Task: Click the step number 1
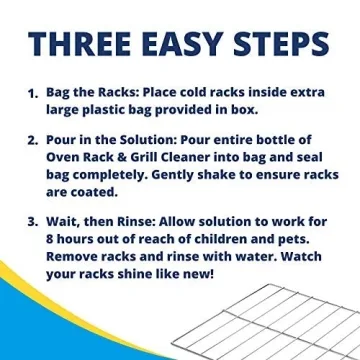31,94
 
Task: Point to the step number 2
31,140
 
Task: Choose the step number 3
31,220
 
